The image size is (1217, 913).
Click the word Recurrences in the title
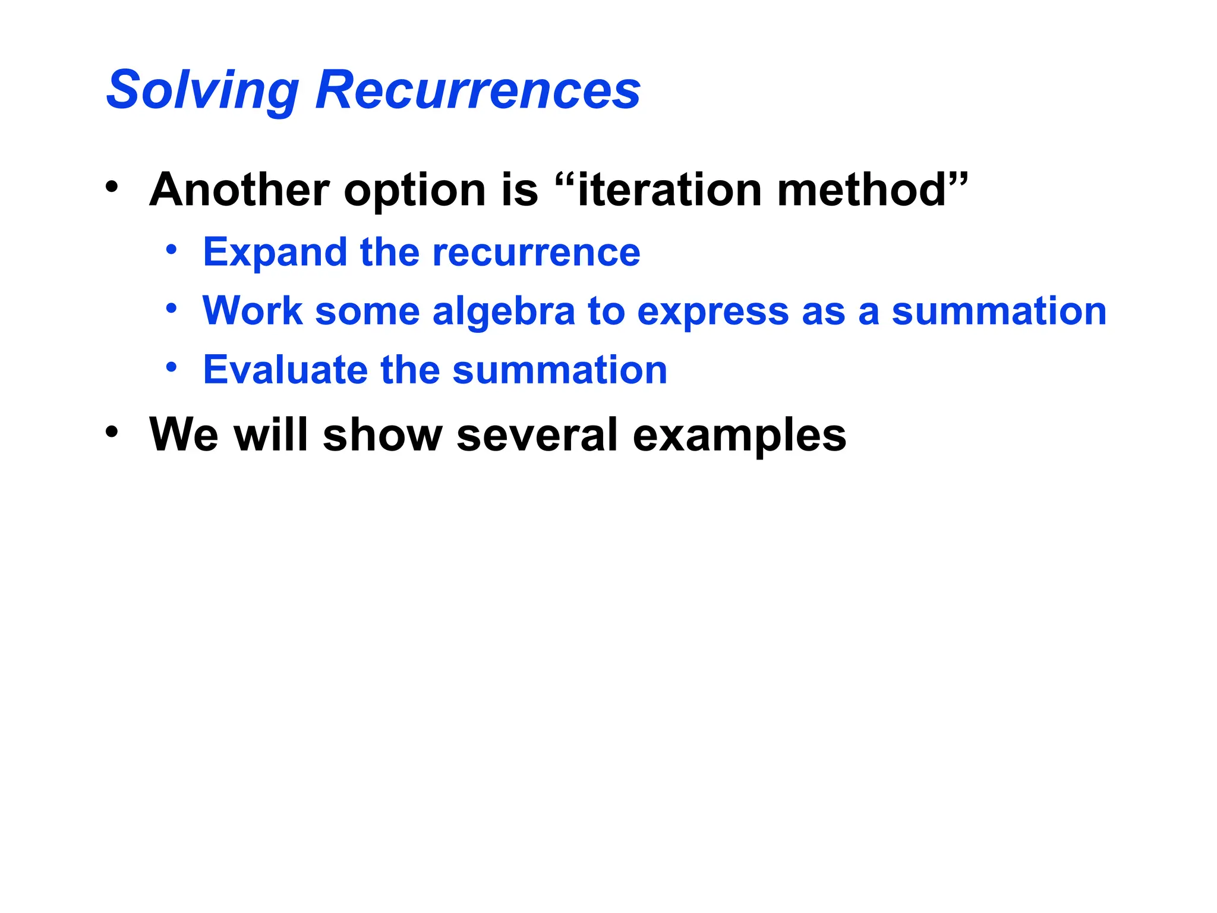pyautogui.click(x=478, y=90)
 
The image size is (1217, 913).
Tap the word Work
pyautogui.click(x=253, y=311)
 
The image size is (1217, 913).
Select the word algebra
pyautogui.click(x=504, y=312)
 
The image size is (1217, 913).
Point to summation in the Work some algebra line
pyautogui.click(x=999, y=311)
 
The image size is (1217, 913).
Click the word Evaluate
pyautogui.click(x=285, y=370)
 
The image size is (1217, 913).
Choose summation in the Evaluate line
pyautogui.click(x=560, y=370)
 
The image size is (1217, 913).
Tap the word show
pyautogui.click(x=383, y=435)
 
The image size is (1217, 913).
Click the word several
pyautogui.click(x=537, y=435)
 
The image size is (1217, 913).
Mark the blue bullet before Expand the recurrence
pyautogui.click(x=171, y=250)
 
